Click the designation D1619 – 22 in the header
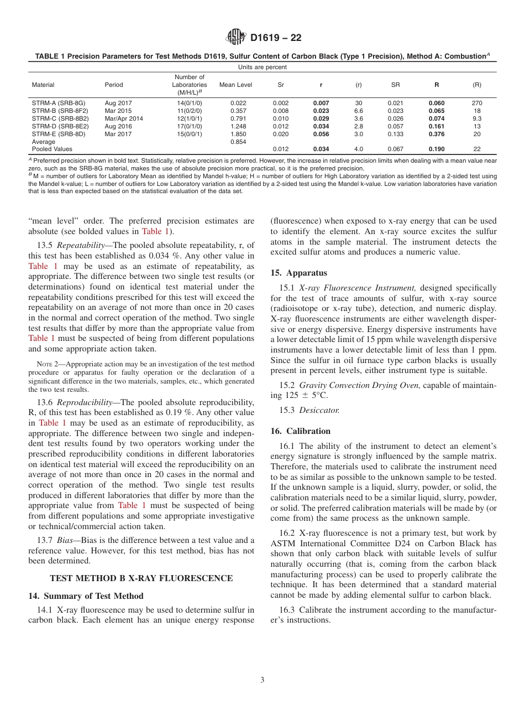pyautogui.click(x=276, y=38)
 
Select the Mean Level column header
pyautogui.click(x=235, y=85)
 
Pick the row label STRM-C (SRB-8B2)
pyautogui.click(x=60, y=118)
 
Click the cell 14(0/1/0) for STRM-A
pyautogui.click(x=189, y=103)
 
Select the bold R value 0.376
pyautogui.click(x=436, y=134)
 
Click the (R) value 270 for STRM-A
pyautogui.click(x=477, y=103)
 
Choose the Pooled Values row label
pyautogui.click(x=52, y=149)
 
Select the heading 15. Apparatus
pyautogui.click(x=298, y=273)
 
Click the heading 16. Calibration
pyautogui.click(x=301, y=431)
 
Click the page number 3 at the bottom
pyautogui.click(x=262, y=680)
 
